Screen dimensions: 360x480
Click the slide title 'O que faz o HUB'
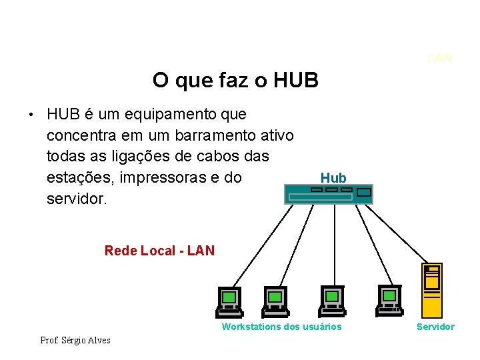coord(235,81)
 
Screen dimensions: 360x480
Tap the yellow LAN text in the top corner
coord(439,58)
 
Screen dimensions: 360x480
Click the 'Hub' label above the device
coord(333,178)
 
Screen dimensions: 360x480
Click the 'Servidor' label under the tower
coord(435,327)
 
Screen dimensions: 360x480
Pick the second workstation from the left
coord(275,301)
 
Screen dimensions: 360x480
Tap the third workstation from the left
coord(331,301)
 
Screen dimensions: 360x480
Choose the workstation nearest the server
coord(389,301)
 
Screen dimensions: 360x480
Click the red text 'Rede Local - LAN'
coord(159,251)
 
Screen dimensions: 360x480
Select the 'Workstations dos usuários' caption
coord(281,327)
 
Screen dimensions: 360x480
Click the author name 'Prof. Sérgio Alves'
coord(75,341)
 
